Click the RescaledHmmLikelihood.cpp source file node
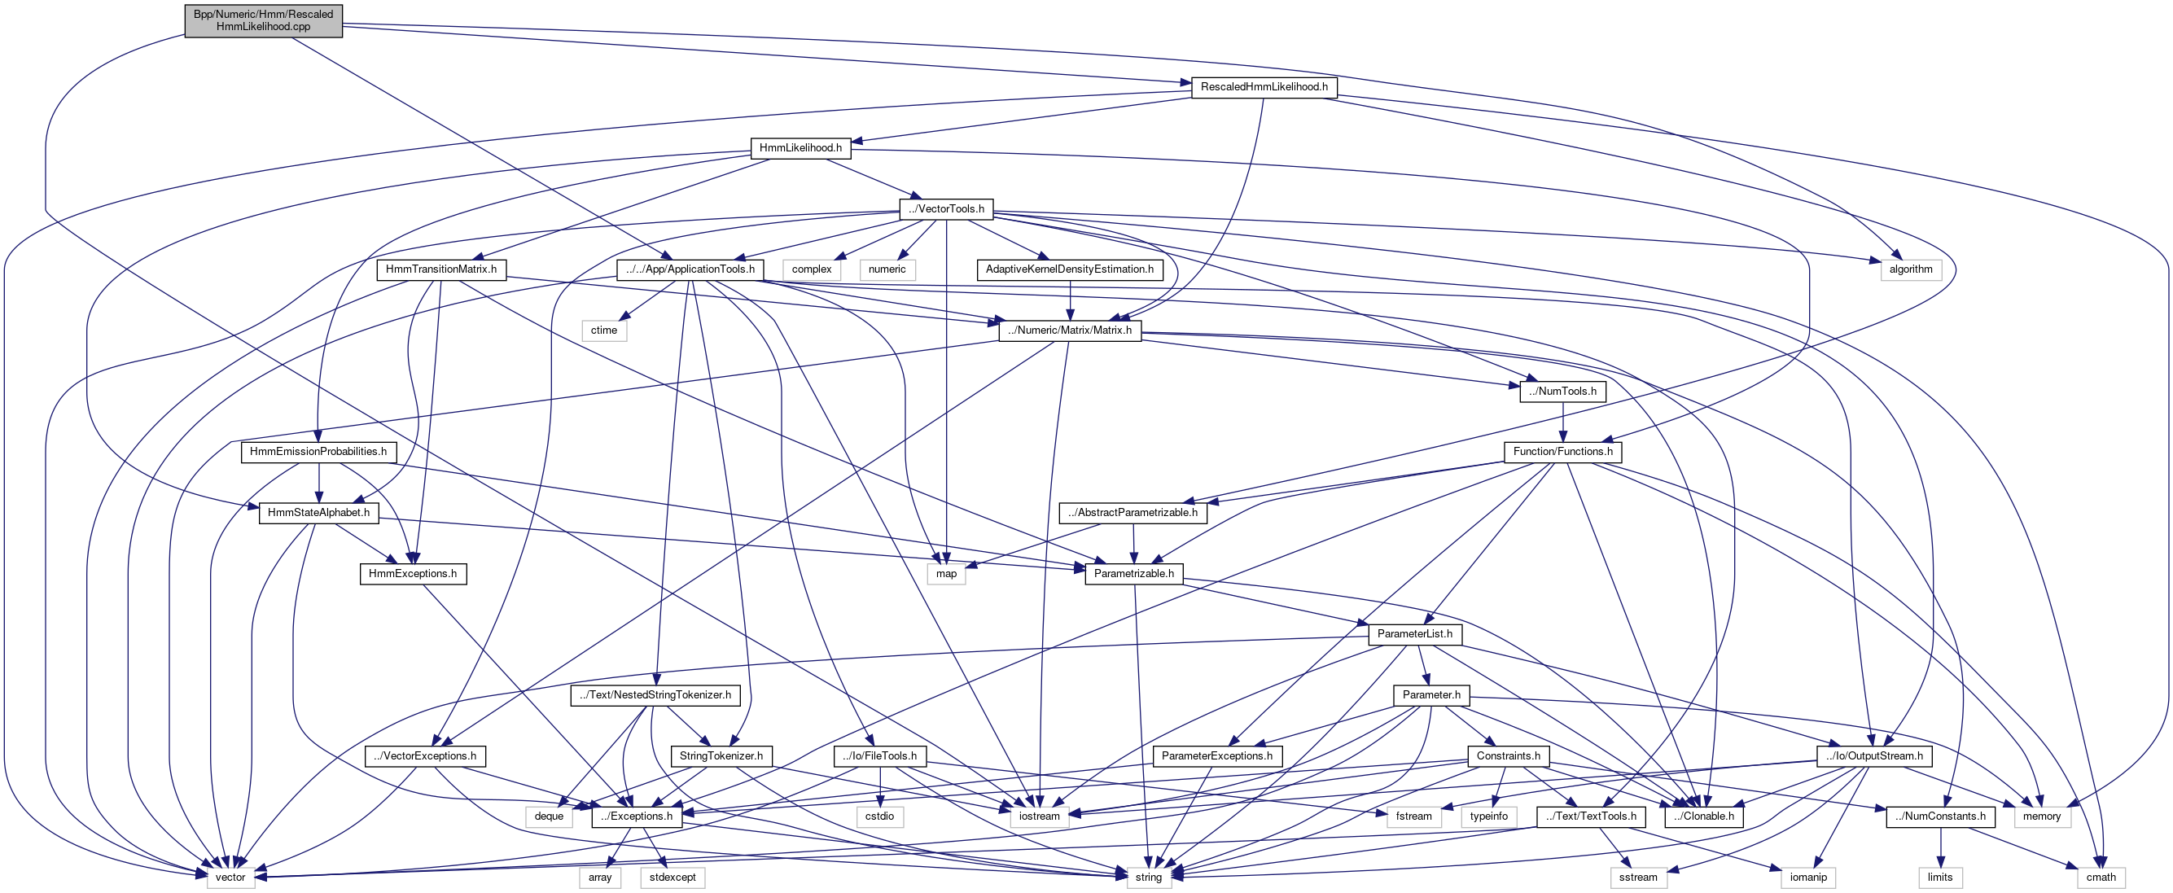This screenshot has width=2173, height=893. click(x=263, y=20)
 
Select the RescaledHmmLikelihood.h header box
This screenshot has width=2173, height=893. click(x=1264, y=87)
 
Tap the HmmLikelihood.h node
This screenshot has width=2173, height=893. click(x=800, y=148)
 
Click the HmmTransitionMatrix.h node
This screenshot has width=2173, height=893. click(x=441, y=269)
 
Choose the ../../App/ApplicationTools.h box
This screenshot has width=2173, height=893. click(x=691, y=269)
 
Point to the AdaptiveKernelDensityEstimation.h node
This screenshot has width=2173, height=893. click(x=1070, y=269)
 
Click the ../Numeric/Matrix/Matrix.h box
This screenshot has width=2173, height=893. click(x=1070, y=330)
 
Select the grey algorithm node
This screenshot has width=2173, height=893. click(x=1911, y=269)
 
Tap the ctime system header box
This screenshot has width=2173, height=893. click(x=604, y=330)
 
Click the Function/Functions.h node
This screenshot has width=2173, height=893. click(x=1562, y=452)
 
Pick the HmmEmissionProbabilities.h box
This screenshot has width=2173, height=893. click(x=318, y=452)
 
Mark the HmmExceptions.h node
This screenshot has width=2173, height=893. click(x=413, y=574)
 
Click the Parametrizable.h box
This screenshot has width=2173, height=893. click(x=1134, y=574)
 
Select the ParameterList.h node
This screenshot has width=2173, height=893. click(x=1415, y=634)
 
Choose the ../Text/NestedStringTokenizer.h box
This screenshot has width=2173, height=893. click(x=655, y=696)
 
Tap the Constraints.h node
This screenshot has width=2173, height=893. click(x=1509, y=756)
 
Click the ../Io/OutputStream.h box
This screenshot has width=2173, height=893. click(x=1874, y=756)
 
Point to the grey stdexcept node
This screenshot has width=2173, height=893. click(x=672, y=878)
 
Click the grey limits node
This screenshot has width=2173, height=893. click(x=1940, y=878)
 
